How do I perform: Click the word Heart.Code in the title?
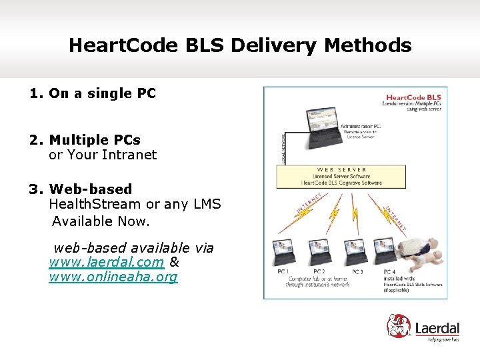113,46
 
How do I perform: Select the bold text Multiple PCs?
94,141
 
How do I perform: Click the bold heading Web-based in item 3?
91,190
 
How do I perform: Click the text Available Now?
101,221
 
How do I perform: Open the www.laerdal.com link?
106,263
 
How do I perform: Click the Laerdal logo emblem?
401,327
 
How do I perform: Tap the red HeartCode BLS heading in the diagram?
415,97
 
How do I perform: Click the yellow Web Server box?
341,177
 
